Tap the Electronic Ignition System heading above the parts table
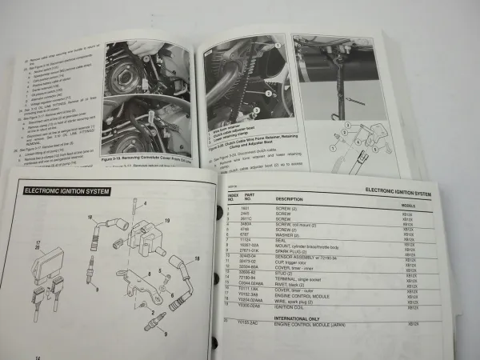coord(409,193)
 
